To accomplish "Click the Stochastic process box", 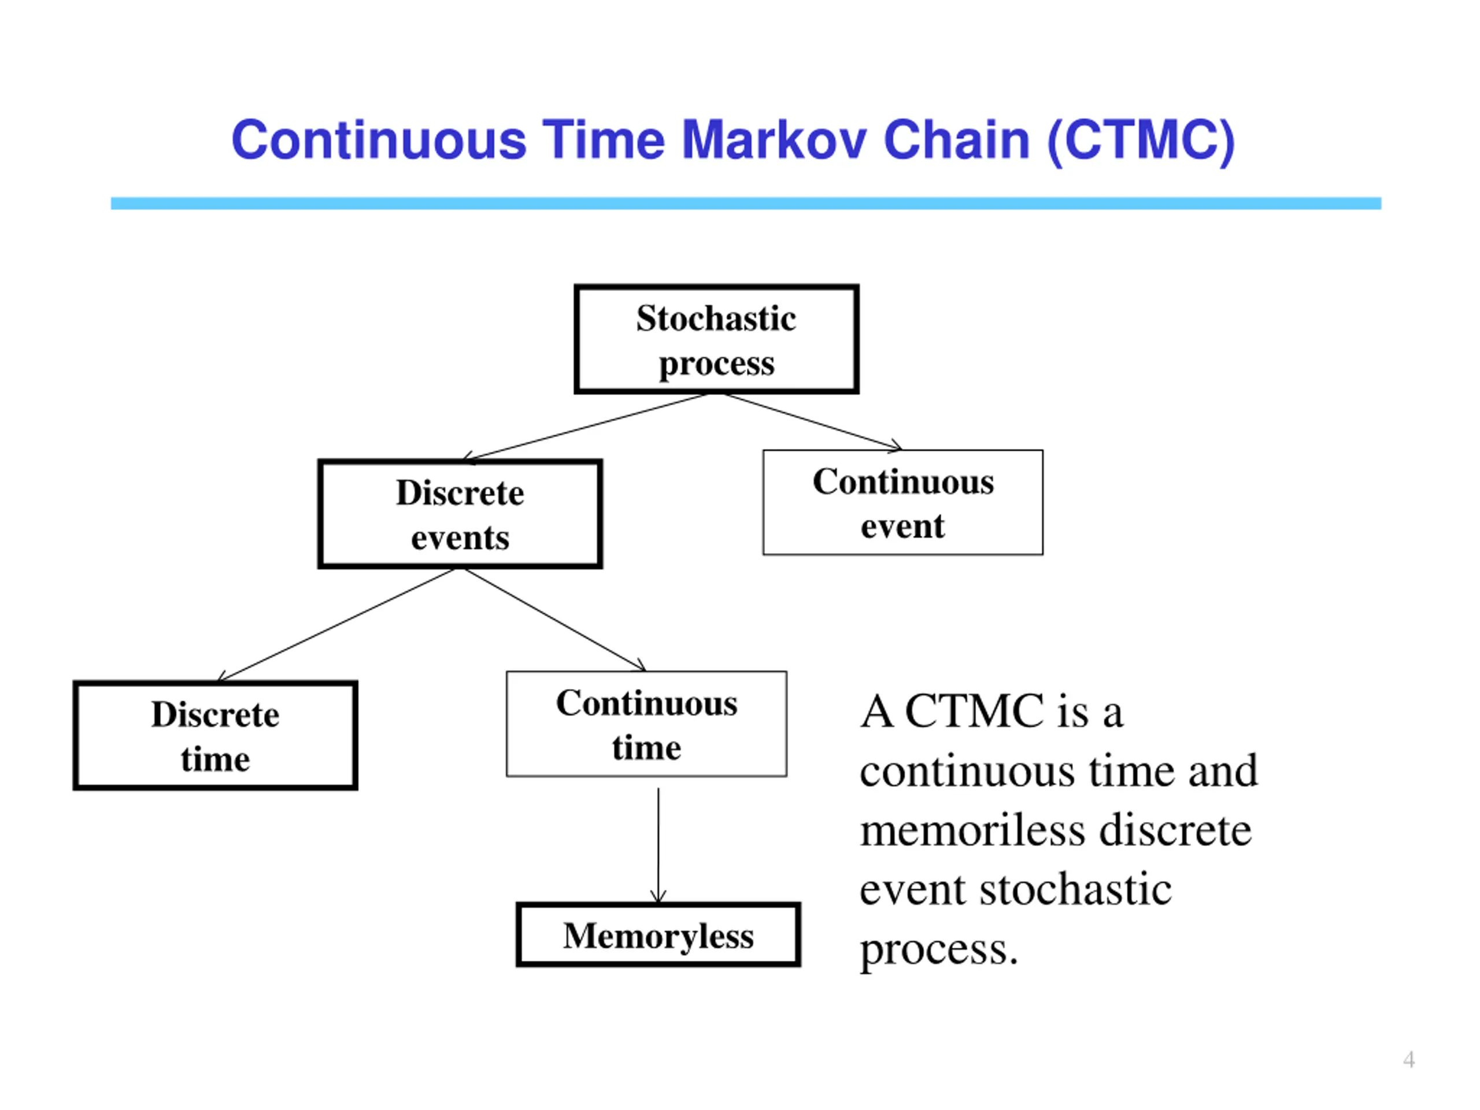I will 716,339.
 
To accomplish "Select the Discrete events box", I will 460,514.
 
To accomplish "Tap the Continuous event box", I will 902,502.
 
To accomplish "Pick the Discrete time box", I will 215,735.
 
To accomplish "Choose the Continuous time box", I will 646,724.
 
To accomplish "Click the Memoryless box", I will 658,935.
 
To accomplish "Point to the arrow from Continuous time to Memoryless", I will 658,846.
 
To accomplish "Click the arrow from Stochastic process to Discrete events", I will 586,427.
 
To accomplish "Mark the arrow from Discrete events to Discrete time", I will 336,624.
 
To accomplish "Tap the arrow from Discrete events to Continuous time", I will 556,620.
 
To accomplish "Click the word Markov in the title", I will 774,140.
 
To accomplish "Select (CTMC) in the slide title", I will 1141,140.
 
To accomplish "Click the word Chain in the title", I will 956,140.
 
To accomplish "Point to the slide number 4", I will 1408,1060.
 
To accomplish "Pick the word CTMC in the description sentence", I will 974,711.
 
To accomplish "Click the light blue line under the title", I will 746,203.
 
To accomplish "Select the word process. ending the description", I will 939,949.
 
